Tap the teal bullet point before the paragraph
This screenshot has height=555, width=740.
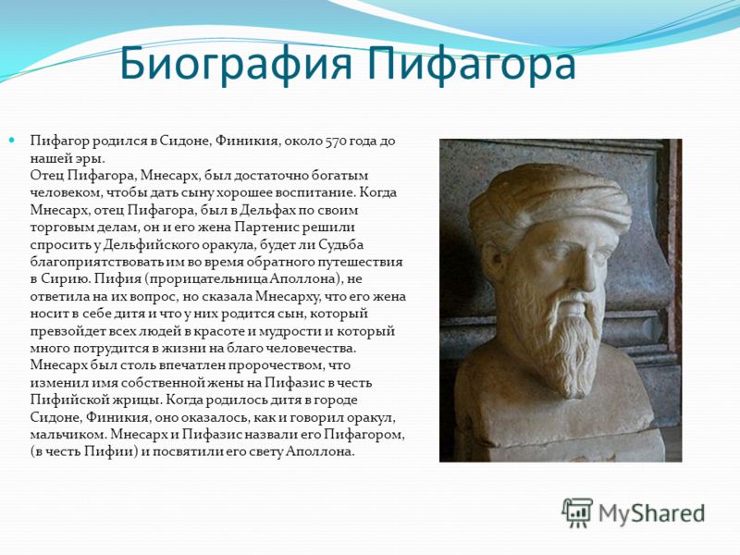click(x=12, y=141)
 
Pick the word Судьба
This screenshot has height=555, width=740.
click(x=340, y=244)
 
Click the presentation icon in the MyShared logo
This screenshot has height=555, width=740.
click(x=576, y=512)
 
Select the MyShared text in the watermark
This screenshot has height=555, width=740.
click(x=651, y=513)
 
